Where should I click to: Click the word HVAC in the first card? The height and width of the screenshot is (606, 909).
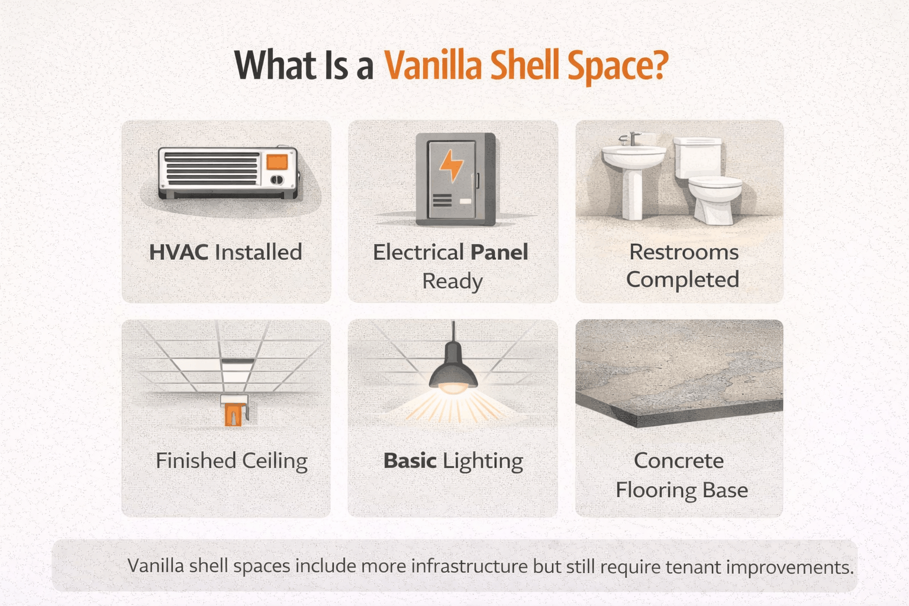pos(179,252)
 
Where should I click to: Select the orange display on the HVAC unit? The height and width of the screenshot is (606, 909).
pos(276,162)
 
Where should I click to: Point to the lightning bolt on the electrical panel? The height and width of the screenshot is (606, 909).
pos(452,166)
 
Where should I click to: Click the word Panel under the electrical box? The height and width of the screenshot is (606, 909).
pos(499,252)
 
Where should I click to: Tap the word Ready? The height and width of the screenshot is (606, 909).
pos(453,281)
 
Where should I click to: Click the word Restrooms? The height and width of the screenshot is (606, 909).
pos(684,252)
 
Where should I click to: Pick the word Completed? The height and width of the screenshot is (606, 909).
pos(682,279)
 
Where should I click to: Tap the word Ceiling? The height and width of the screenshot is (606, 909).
pos(274,461)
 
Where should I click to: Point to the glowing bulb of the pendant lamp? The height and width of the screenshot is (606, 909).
pos(453,388)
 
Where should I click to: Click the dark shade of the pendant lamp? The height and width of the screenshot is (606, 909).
pos(453,370)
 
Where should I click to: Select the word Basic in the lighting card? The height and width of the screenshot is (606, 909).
pos(410,461)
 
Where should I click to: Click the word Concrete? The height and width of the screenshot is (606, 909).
pos(679,460)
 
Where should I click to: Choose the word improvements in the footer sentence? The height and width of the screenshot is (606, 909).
pos(789,567)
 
